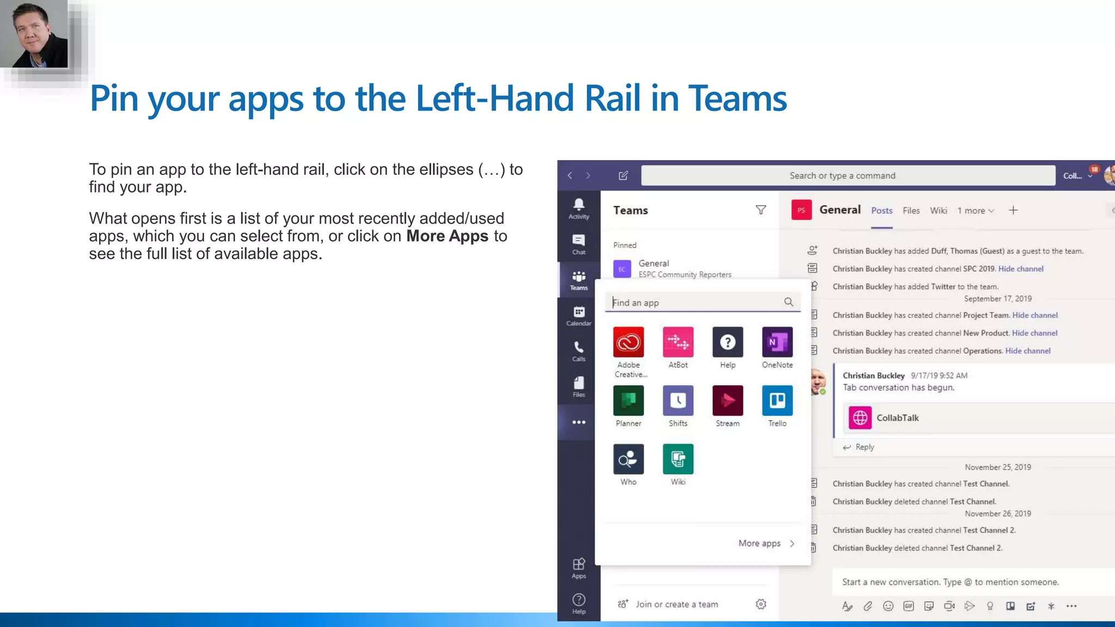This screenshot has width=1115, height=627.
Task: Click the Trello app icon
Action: tap(777, 401)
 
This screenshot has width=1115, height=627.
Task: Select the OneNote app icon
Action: tap(777, 342)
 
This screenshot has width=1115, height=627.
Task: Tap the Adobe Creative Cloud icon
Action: tap(628, 342)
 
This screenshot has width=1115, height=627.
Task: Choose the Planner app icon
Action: tap(628, 401)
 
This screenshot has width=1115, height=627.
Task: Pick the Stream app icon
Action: tap(727, 401)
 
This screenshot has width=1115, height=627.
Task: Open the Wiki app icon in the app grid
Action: tap(678, 459)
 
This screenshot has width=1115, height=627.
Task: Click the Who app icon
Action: tap(628, 459)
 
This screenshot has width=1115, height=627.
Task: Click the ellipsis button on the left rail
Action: tap(579, 422)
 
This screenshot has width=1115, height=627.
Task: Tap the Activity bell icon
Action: tap(579, 205)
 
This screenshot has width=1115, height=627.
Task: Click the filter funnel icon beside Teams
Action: tap(761, 210)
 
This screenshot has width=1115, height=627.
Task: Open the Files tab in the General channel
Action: tap(911, 211)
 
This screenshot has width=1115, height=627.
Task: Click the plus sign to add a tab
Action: tap(1013, 210)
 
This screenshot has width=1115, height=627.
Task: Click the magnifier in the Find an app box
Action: tap(788, 302)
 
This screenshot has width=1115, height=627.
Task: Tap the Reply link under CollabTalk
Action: tap(864, 447)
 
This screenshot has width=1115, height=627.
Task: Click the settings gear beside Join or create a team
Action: tap(761, 604)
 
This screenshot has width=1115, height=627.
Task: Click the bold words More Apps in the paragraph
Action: tap(447, 236)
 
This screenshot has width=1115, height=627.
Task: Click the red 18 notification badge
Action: tap(1094, 169)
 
